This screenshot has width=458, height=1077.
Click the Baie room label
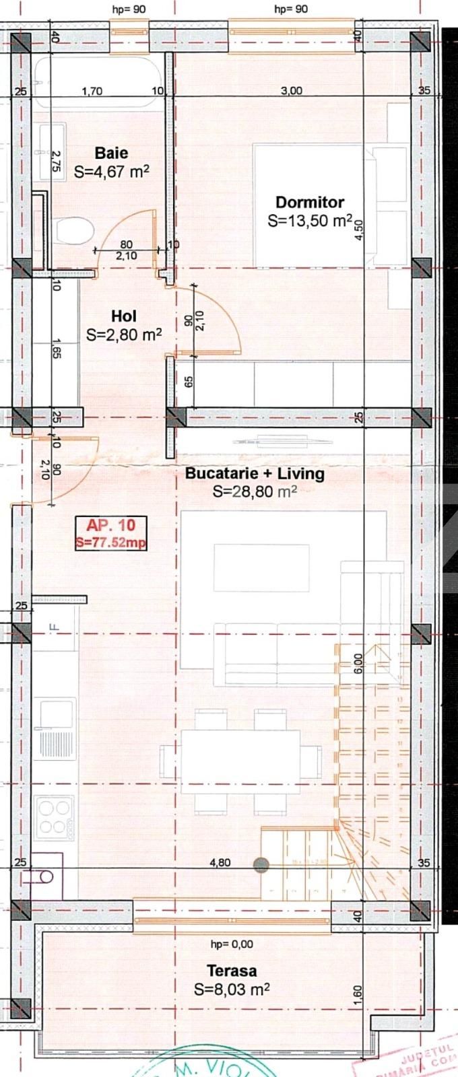pyautogui.click(x=111, y=153)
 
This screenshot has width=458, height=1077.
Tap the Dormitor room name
pyautogui.click(x=310, y=202)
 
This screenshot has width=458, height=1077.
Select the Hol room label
pyautogui.click(x=124, y=316)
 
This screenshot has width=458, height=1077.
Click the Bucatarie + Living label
pyautogui.click(x=255, y=473)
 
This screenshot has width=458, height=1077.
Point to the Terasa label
pyautogui.click(x=231, y=971)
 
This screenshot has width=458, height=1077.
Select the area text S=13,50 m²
pyautogui.click(x=310, y=221)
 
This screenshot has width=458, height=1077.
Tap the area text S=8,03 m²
pyautogui.click(x=232, y=989)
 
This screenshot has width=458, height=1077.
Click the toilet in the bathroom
pyautogui.click(x=73, y=232)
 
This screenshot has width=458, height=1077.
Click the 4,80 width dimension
pyautogui.click(x=220, y=862)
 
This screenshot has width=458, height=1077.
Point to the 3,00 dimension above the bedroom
pyautogui.click(x=292, y=91)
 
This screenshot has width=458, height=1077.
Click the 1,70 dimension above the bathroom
pyautogui.click(x=92, y=91)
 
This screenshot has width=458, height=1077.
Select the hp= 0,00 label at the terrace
pyautogui.click(x=232, y=944)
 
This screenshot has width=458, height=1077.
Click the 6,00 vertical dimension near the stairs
pyautogui.click(x=358, y=663)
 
